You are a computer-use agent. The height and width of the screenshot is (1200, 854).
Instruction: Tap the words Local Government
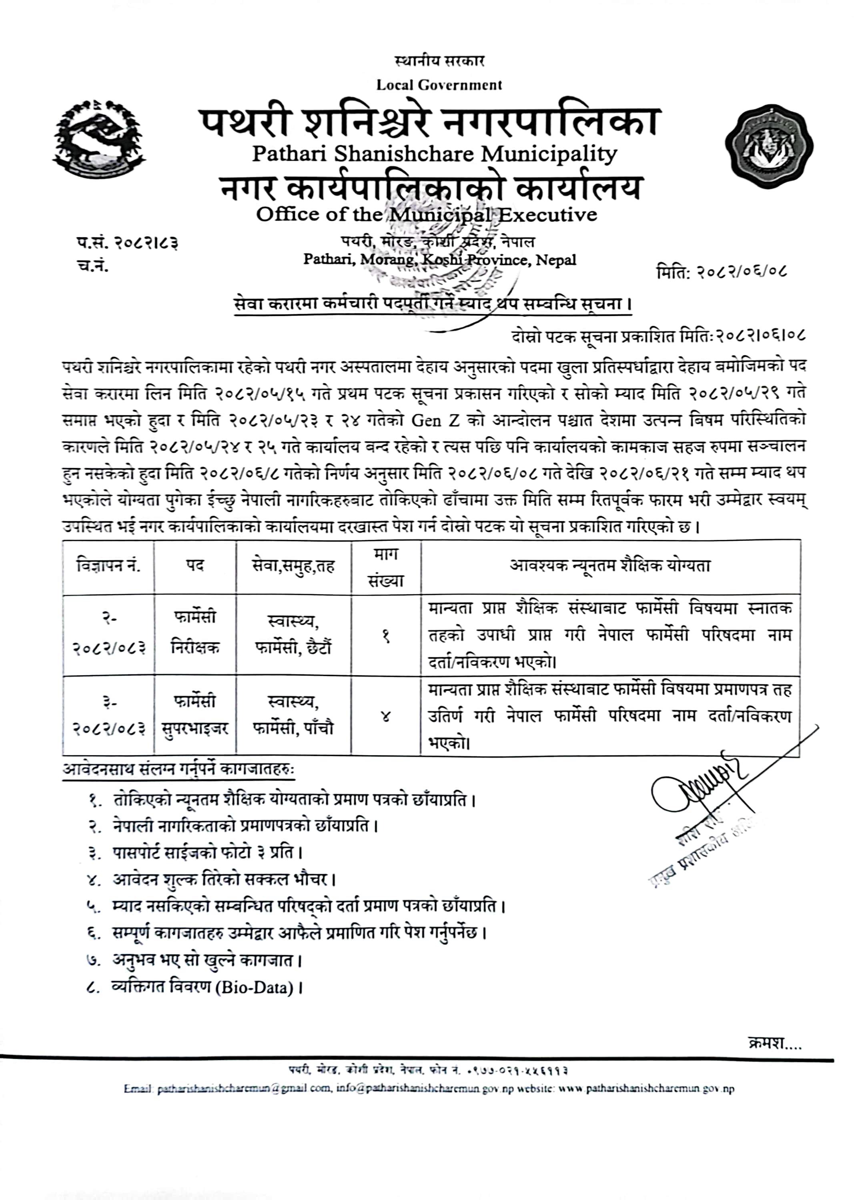439,85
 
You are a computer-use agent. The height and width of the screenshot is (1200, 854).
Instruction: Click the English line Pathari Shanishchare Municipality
434,154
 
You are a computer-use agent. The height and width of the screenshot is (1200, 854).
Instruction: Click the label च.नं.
92,266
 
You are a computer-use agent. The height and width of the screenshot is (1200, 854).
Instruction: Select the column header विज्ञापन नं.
108,566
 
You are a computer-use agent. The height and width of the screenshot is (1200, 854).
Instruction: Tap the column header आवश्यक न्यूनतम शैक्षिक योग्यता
610,566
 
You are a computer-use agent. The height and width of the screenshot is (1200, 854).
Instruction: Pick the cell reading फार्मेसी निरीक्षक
194,632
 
